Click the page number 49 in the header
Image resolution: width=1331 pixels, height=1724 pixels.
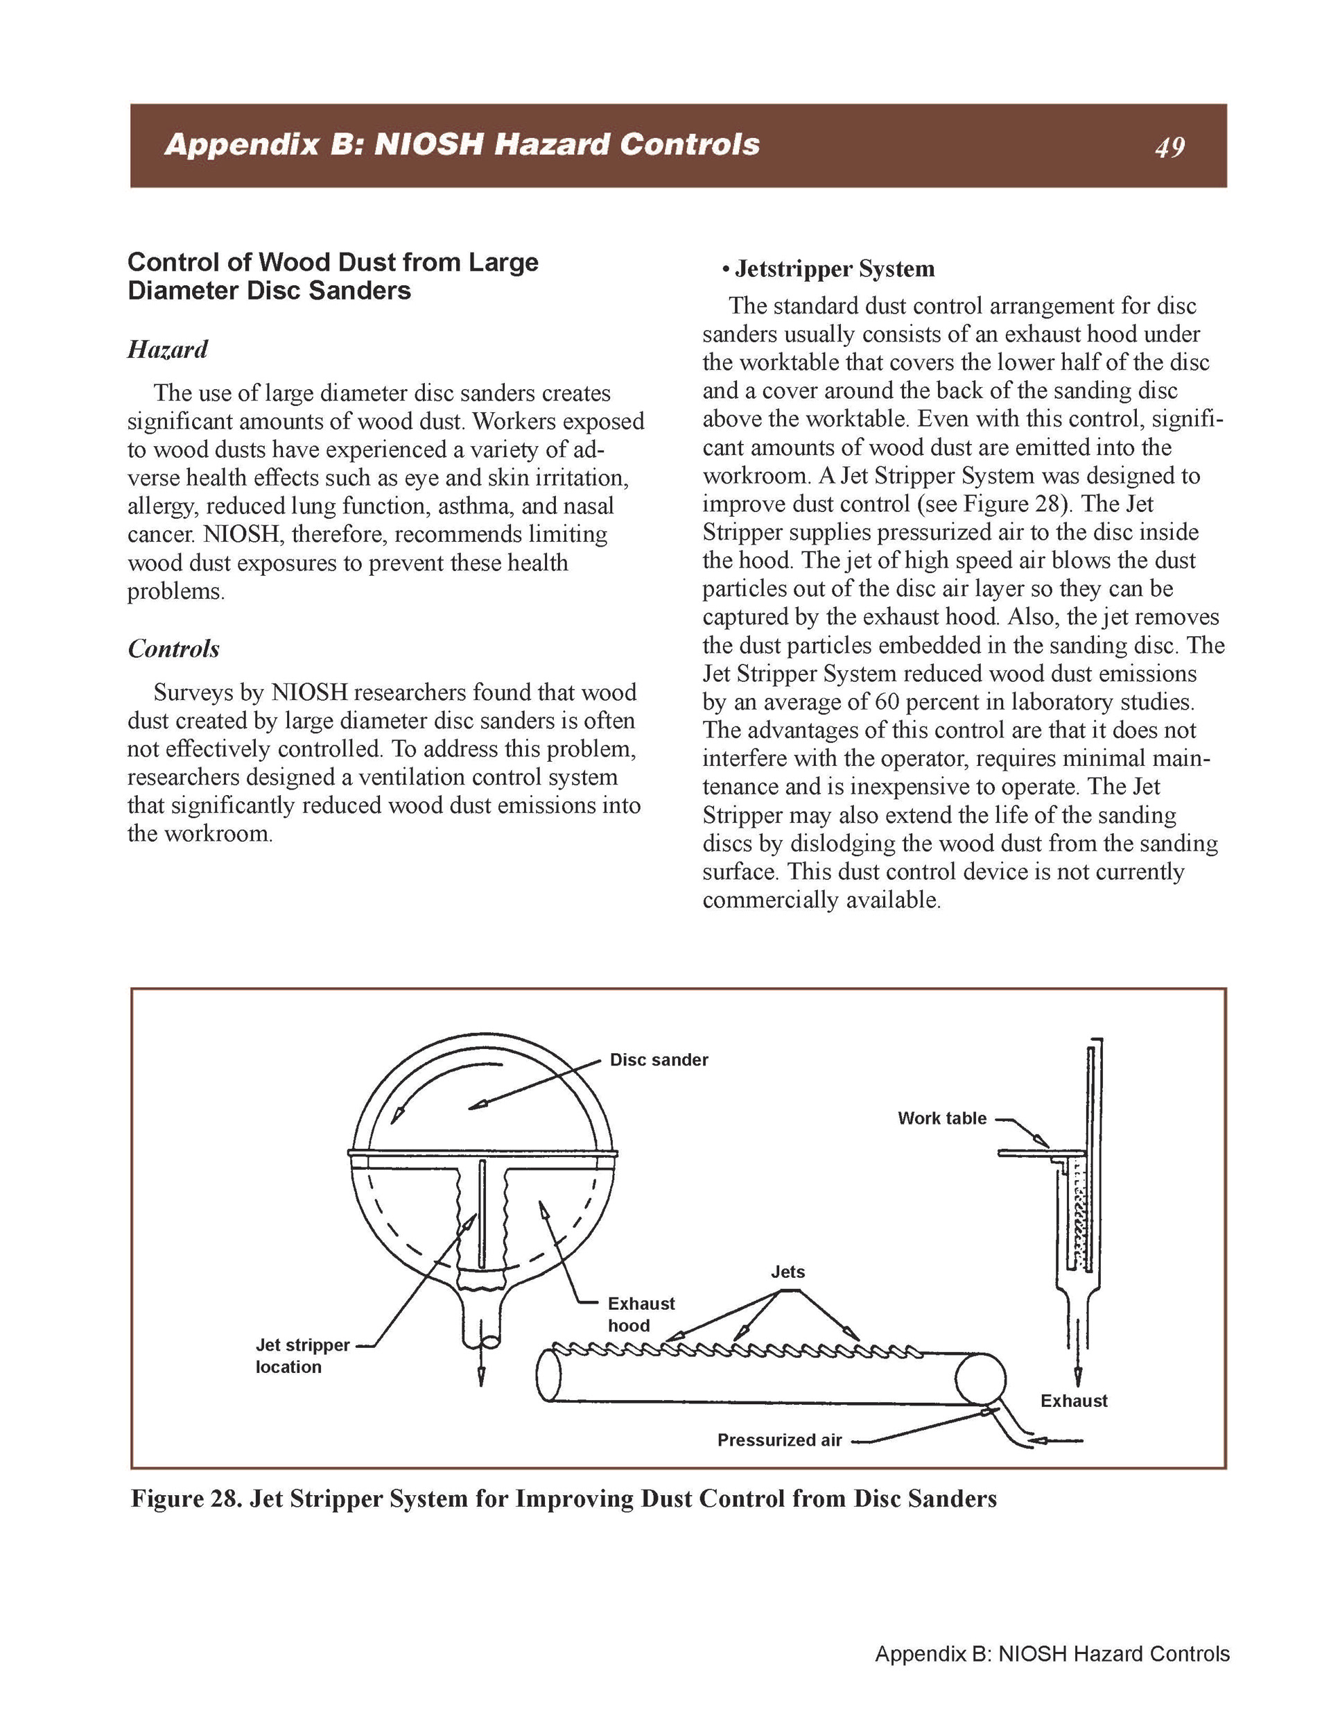(1169, 148)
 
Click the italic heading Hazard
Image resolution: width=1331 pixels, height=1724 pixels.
(167, 350)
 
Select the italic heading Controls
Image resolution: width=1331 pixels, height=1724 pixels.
(173, 649)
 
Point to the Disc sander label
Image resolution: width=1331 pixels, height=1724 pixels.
(659, 1060)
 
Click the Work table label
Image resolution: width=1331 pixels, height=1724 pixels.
(942, 1118)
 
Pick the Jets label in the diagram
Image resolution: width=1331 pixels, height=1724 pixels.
(788, 1272)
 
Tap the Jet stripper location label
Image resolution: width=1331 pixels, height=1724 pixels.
(302, 1356)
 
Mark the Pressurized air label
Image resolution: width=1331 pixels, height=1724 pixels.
(779, 1440)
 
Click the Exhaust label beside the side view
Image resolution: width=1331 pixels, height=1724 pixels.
(1074, 1400)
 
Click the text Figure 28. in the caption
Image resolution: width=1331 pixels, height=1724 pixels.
(186, 1499)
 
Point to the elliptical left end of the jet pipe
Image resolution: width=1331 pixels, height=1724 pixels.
(549, 1376)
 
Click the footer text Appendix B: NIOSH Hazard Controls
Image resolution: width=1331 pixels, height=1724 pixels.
(1052, 1654)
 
